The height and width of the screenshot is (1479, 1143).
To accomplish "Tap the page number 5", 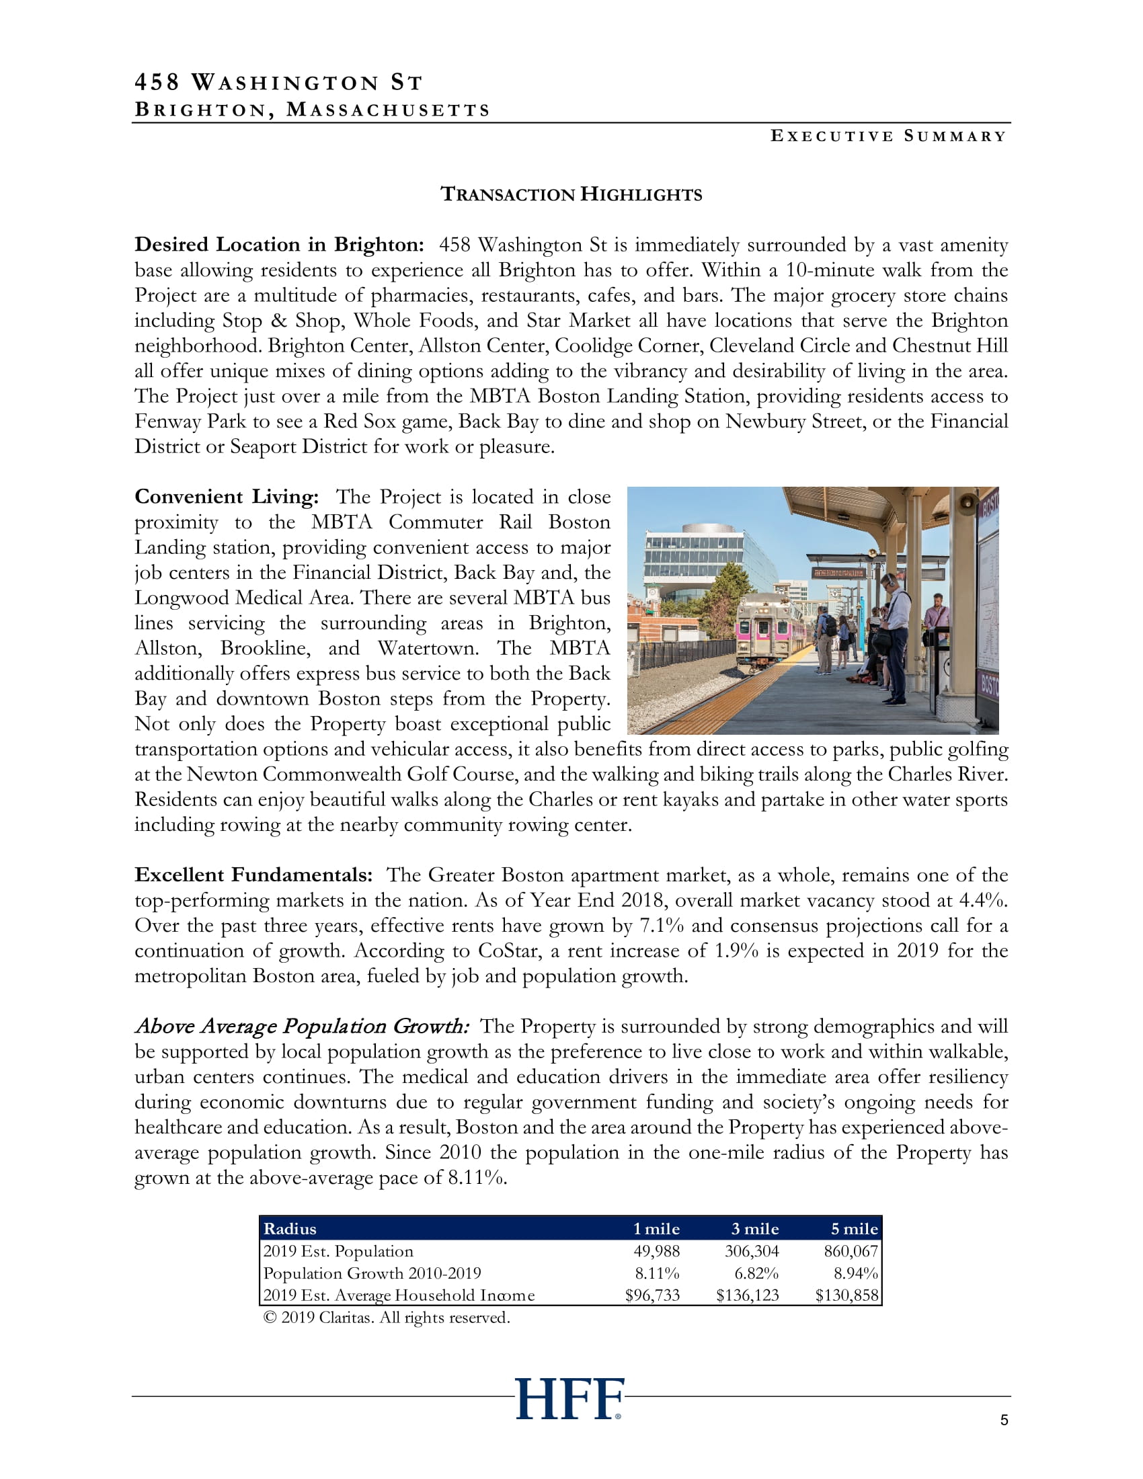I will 1004,1420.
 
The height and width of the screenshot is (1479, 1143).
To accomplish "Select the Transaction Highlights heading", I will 571,194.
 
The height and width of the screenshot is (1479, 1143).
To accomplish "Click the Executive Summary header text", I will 888,136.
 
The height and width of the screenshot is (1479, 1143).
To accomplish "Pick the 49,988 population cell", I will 656,1251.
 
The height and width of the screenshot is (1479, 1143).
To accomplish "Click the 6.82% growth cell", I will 756,1273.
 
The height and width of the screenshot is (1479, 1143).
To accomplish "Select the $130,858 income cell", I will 846,1295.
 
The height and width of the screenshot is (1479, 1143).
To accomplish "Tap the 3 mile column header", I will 755,1228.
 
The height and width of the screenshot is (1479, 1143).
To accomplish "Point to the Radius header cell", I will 290,1228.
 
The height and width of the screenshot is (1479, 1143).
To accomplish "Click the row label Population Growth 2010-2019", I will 372,1273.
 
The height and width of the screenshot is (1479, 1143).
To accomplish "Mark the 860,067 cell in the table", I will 851,1251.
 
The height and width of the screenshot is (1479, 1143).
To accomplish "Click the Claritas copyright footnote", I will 386,1317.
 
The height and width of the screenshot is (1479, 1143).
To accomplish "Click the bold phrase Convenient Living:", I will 226,496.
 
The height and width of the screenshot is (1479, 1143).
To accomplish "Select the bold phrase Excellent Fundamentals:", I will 253,874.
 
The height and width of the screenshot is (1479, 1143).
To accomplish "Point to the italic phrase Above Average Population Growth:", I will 301,1026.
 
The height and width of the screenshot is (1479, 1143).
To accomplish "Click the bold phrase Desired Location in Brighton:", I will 279,245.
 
